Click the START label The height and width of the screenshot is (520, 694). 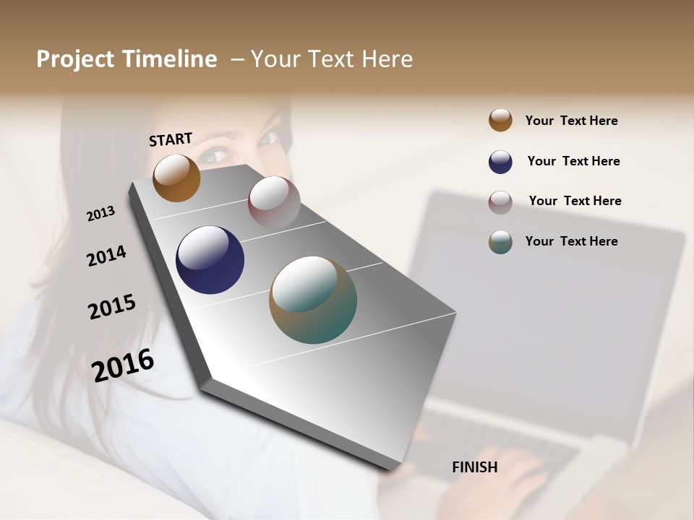(171, 139)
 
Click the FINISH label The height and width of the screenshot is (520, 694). (474, 467)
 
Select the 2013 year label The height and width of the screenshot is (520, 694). (100, 213)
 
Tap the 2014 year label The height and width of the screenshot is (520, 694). (106, 256)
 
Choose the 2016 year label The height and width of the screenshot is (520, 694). (123, 365)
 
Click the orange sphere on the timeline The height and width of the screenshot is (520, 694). (176, 178)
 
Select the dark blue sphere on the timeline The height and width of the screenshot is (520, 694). (210, 260)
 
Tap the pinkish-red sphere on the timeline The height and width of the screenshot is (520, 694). (274, 201)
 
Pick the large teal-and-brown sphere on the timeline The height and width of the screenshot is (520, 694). (313, 300)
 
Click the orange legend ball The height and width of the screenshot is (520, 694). (500, 120)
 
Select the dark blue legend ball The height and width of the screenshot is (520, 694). (500, 162)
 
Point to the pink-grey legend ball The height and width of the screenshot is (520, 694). (500, 202)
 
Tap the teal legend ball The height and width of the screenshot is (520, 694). (500, 242)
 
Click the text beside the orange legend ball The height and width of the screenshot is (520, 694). (571, 121)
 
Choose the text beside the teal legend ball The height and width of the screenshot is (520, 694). (571, 241)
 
